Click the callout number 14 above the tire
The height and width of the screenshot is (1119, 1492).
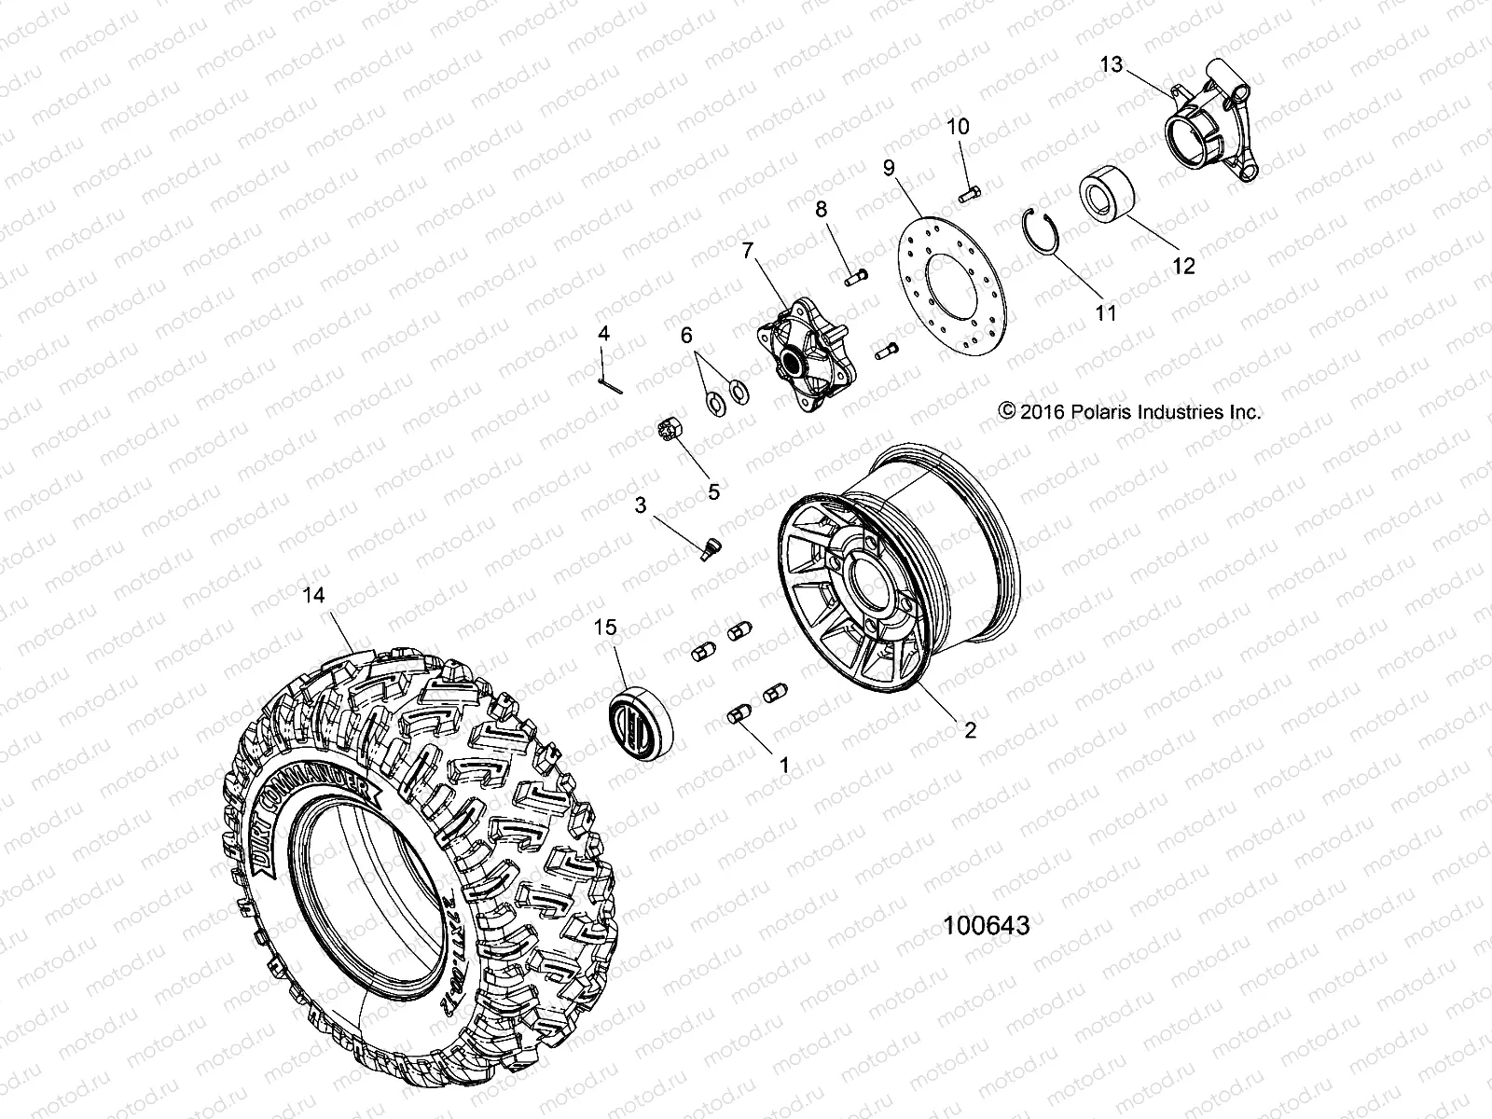click(x=314, y=594)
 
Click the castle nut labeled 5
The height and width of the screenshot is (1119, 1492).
click(x=669, y=434)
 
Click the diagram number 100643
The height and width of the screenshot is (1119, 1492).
click(x=987, y=925)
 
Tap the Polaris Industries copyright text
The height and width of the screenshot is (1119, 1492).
click(x=1129, y=411)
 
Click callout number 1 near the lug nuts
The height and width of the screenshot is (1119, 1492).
click(x=783, y=765)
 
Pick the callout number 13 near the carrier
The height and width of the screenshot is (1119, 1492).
click(x=1112, y=65)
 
